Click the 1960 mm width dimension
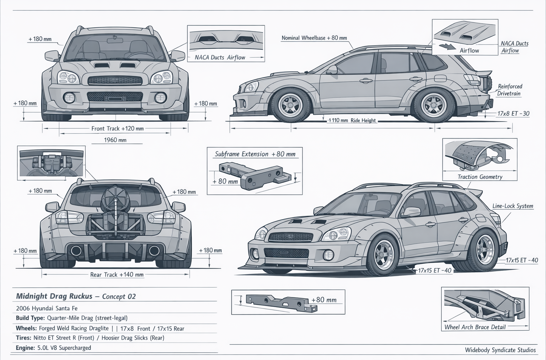(x=115, y=140)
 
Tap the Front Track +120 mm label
(x=117, y=129)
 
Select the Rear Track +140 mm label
(x=117, y=275)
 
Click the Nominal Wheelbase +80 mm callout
(x=314, y=38)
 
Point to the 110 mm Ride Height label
(x=352, y=120)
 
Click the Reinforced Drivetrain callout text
(x=509, y=90)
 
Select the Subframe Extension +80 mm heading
(x=255, y=154)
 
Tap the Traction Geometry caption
(x=480, y=177)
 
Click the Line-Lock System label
(x=513, y=206)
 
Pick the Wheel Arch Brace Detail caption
(x=475, y=327)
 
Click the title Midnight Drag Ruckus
(x=54, y=296)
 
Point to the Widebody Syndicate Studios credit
(x=500, y=350)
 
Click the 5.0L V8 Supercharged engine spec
(x=64, y=348)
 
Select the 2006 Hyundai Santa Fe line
(x=47, y=308)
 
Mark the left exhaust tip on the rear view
(x=76, y=251)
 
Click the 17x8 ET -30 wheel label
(x=513, y=114)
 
